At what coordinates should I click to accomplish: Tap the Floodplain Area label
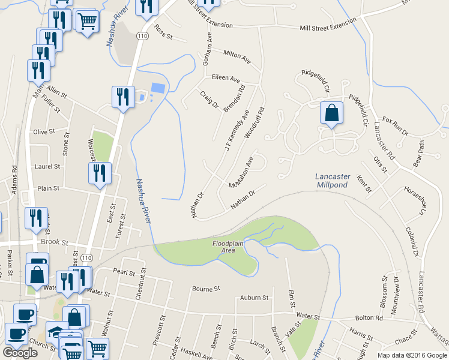click(231, 247)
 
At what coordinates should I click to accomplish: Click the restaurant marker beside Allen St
click(122, 97)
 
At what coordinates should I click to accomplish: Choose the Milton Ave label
click(237, 56)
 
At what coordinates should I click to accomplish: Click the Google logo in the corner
click(20, 353)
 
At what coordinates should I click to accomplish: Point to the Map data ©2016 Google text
click(411, 355)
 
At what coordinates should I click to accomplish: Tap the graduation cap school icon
click(57, 331)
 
